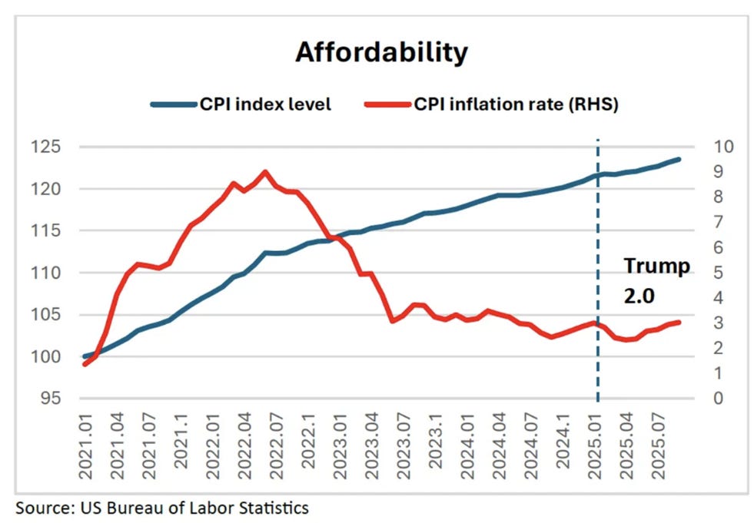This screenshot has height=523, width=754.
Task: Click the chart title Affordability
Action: coord(381,52)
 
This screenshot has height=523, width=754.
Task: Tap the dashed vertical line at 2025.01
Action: coord(597,230)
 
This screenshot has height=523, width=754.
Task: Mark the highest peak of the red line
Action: coord(265,172)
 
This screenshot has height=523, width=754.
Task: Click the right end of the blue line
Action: coord(679,160)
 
